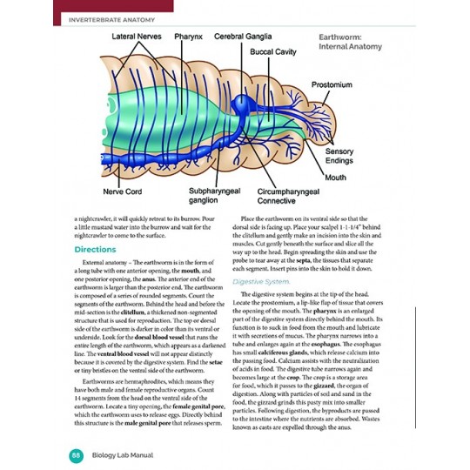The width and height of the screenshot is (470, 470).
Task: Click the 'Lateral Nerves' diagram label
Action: (x=135, y=37)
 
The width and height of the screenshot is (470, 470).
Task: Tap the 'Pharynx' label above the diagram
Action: (x=188, y=37)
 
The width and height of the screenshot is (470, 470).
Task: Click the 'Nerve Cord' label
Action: (x=124, y=190)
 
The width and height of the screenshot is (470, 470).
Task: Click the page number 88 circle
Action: (x=77, y=454)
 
